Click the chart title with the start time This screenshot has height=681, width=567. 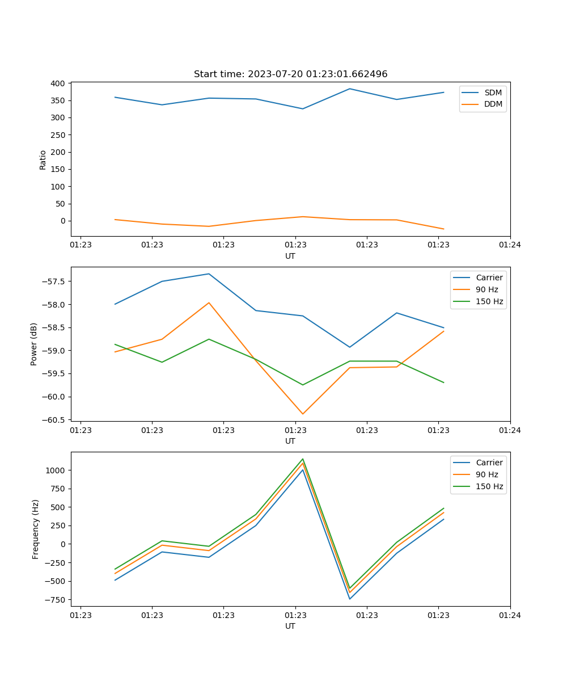290,74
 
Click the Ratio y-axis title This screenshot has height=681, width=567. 43,159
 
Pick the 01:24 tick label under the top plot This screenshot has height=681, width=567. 510,245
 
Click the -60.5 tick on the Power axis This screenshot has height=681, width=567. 55,420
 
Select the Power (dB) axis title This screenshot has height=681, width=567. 34,344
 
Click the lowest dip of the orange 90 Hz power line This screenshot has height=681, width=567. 303,414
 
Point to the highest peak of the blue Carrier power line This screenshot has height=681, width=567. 209,274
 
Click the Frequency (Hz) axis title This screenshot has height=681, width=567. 36,529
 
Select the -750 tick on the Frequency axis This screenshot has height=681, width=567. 56,599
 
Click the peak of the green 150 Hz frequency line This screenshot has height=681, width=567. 303,459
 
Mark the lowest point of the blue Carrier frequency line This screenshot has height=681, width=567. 350,599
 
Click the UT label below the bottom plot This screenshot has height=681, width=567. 290,626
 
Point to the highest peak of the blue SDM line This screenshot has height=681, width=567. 350,89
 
